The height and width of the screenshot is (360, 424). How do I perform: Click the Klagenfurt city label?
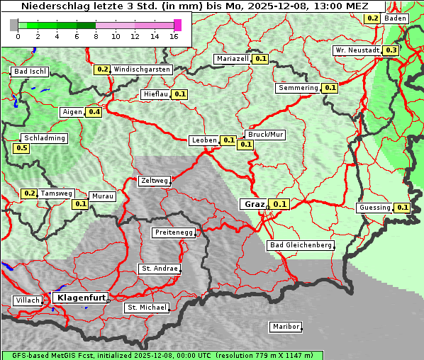click(x=81, y=298)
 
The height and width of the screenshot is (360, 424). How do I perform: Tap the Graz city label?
click(x=254, y=204)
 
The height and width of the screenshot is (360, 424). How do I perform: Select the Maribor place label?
click(x=285, y=327)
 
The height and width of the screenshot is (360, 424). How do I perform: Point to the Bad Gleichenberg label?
click(x=300, y=245)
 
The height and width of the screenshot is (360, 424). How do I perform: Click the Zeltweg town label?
click(x=154, y=181)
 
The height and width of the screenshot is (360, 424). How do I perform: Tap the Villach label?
click(x=27, y=300)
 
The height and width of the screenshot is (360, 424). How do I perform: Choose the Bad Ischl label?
click(x=30, y=72)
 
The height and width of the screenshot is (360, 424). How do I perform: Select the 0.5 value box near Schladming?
click(x=21, y=148)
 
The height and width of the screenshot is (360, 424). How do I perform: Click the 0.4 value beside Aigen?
click(x=94, y=112)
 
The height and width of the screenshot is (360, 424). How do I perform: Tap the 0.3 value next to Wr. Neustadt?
click(x=391, y=50)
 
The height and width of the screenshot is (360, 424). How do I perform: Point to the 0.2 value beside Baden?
click(x=372, y=18)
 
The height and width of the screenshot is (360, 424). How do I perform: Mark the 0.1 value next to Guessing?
click(x=403, y=208)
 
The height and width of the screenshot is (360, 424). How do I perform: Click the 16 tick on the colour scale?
click(x=174, y=36)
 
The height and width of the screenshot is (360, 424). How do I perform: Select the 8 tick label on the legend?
click(x=96, y=36)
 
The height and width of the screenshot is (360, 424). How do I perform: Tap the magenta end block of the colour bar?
click(x=177, y=25)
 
